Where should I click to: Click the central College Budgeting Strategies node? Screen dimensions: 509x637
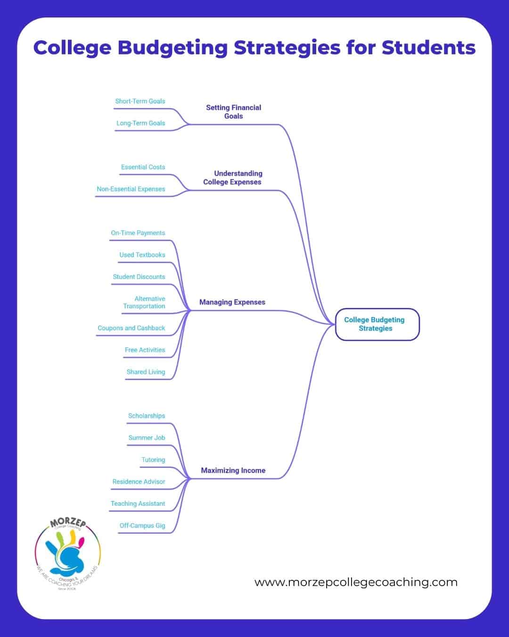coord(377,324)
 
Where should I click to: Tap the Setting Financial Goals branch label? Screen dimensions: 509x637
coord(233,112)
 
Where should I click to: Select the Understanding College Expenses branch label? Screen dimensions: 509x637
coord(232,177)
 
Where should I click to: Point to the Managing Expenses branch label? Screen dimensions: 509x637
coord(232,302)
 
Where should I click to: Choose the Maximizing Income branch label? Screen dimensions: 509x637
coord(233,470)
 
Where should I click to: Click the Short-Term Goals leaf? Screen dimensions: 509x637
coord(140,101)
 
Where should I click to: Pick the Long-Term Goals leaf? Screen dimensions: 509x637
coord(140,123)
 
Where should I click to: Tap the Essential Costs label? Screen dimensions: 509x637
coord(143,167)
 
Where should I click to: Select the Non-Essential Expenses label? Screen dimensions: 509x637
coord(131,189)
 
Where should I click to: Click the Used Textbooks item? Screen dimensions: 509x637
coord(142,254)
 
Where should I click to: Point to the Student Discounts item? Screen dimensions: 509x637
coord(139,277)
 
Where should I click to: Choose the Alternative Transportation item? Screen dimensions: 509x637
coord(144,302)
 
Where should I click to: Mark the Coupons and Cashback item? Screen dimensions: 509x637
coord(131,327)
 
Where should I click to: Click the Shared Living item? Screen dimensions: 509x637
coord(146,371)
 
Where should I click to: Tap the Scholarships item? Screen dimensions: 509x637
coord(147,415)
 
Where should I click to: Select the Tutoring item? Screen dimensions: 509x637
coord(153,460)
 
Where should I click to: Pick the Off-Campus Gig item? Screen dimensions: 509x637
coord(142,525)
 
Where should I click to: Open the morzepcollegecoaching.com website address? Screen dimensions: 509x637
coord(356,582)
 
